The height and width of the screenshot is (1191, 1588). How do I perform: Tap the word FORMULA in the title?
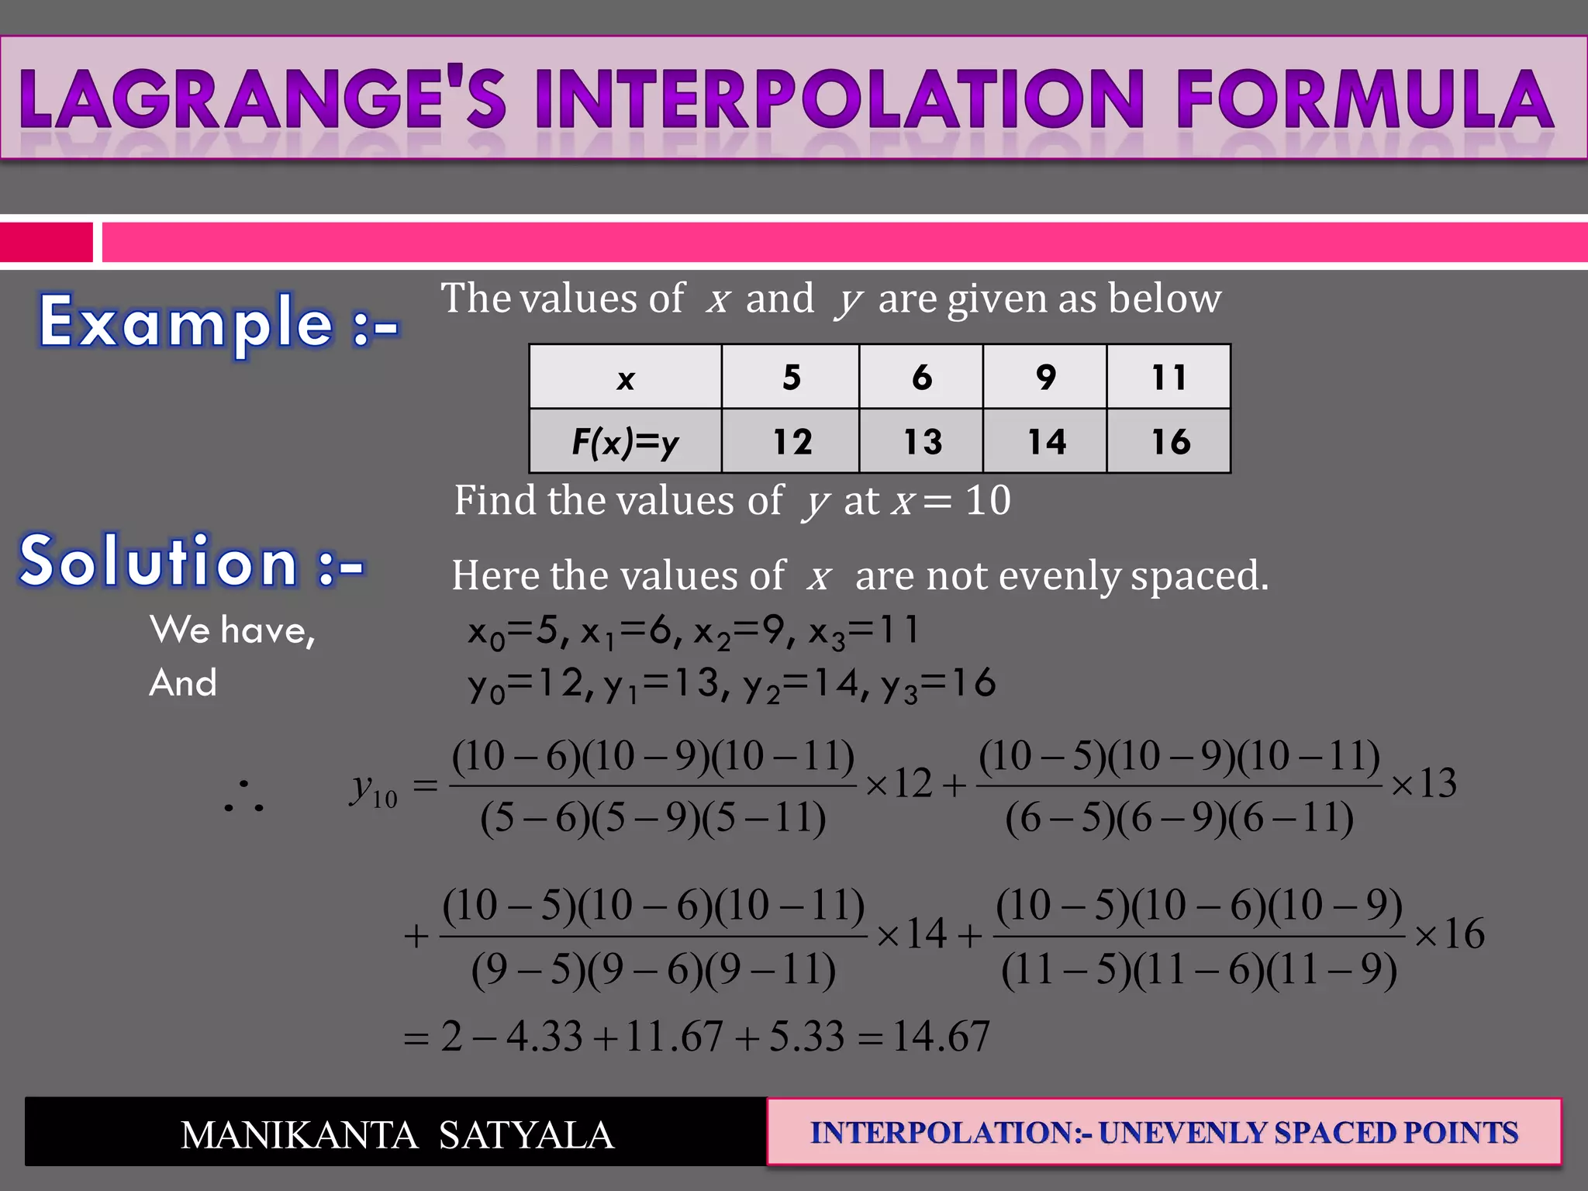pos(1365,98)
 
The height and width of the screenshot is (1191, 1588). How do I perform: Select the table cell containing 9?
pos(1044,377)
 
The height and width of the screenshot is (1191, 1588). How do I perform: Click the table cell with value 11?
pos(1169,377)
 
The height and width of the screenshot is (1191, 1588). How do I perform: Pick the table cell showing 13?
pos(921,441)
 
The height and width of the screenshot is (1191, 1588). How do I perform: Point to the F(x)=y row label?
pos(625,441)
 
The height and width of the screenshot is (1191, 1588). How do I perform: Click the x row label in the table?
pos(625,378)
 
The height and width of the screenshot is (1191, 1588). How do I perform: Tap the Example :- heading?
pos(219,322)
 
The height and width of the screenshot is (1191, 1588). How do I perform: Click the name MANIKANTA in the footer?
pos(299,1135)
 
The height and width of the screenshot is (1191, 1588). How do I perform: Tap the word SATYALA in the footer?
pos(526,1135)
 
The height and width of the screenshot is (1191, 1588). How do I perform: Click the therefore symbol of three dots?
pos(243,798)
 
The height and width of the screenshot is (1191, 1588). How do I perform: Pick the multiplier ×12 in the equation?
pos(899,784)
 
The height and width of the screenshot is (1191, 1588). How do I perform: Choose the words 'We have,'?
pos(233,630)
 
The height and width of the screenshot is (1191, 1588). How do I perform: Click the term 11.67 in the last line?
pos(674,1036)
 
